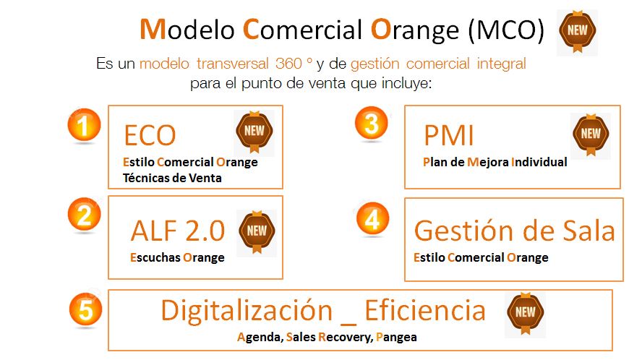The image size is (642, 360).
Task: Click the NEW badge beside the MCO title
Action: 578,32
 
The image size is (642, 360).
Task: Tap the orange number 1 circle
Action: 84,125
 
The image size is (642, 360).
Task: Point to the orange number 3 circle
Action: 372,123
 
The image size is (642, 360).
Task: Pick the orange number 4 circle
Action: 372,219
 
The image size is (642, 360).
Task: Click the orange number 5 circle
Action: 85,309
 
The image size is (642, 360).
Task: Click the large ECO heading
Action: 150,136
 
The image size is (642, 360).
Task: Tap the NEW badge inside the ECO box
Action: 254,132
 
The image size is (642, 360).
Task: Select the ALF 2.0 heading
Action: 178,231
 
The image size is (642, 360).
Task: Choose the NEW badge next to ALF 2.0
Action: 257,232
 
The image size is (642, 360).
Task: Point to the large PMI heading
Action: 449,136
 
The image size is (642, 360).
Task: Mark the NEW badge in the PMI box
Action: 591,134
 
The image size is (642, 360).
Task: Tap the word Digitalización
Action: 247,310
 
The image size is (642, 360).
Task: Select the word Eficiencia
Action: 425,310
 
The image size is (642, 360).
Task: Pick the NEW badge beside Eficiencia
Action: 526,313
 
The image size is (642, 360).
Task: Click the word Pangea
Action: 396,337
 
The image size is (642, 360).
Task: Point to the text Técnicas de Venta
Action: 172,178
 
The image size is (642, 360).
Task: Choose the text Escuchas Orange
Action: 177,257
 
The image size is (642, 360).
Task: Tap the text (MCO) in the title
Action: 506,30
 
